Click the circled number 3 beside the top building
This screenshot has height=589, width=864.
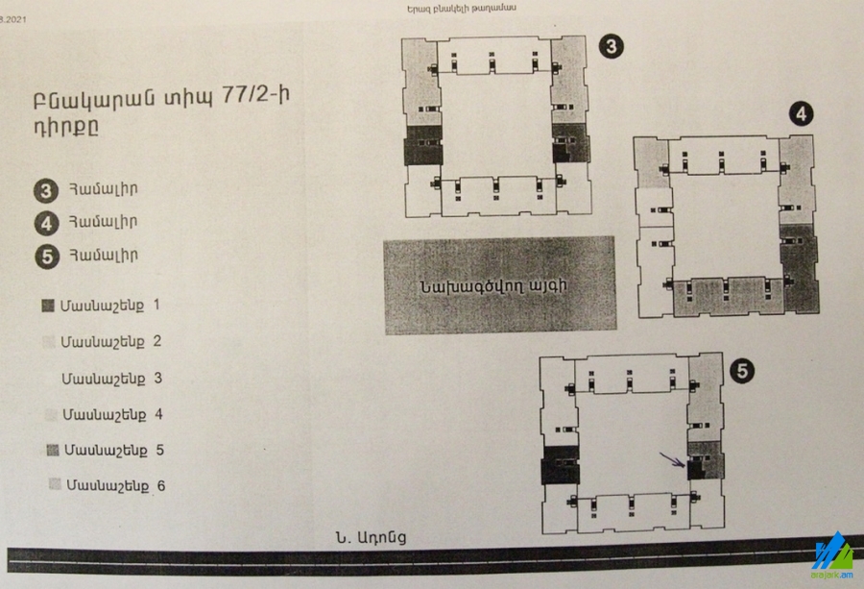pyautogui.click(x=612, y=46)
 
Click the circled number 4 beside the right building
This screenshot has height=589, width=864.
pyautogui.click(x=801, y=114)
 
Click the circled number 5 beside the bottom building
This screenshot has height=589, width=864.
pyautogui.click(x=742, y=371)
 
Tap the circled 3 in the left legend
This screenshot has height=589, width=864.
pyautogui.click(x=46, y=191)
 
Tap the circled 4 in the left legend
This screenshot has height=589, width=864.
pyautogui.click(x=47, y=223)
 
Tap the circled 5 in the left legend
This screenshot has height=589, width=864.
pyautogui.click(x=47, y=257)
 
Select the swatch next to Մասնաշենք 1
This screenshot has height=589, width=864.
pyautogui.click(x=48, y=306)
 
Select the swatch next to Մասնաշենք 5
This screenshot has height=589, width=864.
pyautogui.click(x=53, y=451)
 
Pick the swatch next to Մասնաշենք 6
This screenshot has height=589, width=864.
pyautogui.click(x=55, y=484)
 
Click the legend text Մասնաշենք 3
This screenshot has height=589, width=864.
pyautogui.click(x=111, y=379)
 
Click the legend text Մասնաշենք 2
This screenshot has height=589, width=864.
pyautogui.click(x=110, y=342)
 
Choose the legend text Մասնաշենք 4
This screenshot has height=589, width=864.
pyautogui.click(x=112, y=415)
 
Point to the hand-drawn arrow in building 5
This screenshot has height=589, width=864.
pyautogui.click(x=672, y=460)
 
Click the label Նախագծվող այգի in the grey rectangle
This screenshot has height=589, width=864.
pyautogui.click(x=493, y=286)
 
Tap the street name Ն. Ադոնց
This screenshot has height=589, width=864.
pyautogui.click(x=371, y=537)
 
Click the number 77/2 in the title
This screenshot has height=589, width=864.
pyautogui.click(x=255, y=95)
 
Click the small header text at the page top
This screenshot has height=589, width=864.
pyautogui.click(x=461, y=9)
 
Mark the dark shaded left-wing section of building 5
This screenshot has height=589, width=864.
pyautogui.click(x=561, y=465)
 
